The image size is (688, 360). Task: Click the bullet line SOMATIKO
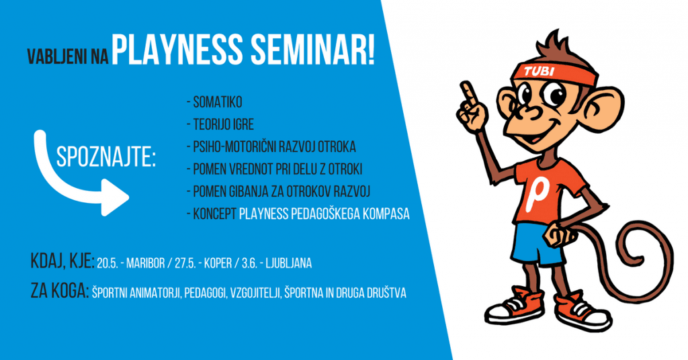click(x=214, y=103)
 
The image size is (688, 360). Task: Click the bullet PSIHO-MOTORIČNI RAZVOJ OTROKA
click(x=271, y=147)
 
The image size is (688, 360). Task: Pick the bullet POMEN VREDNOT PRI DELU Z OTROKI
click(x=277, y=169)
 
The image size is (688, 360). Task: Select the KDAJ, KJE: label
click(x=62, y=261)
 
